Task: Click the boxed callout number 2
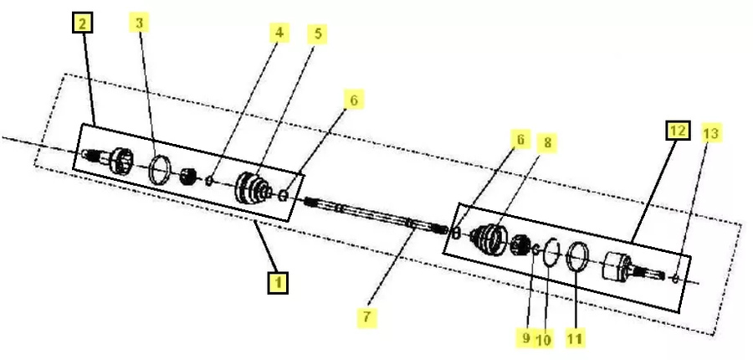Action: point(82,23)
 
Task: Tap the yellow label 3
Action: point(139,23)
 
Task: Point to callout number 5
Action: point(317,34)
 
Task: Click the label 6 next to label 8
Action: point(520,139)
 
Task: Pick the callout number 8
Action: point(547,143)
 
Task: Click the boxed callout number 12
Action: point(678,131)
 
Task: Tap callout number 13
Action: point(710,133)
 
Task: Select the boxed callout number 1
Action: point(278,282)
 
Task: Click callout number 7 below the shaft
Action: point(367,317)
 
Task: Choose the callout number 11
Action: point(575,338)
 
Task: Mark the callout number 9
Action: point(526,338)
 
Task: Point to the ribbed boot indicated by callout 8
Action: point(489,239)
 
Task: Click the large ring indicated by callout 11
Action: point(567,255)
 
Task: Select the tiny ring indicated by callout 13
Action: point(675,278)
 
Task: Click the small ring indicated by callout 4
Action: point(209,181)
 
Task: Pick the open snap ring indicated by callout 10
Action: point(545,251)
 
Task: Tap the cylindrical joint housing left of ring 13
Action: point(616,266)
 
